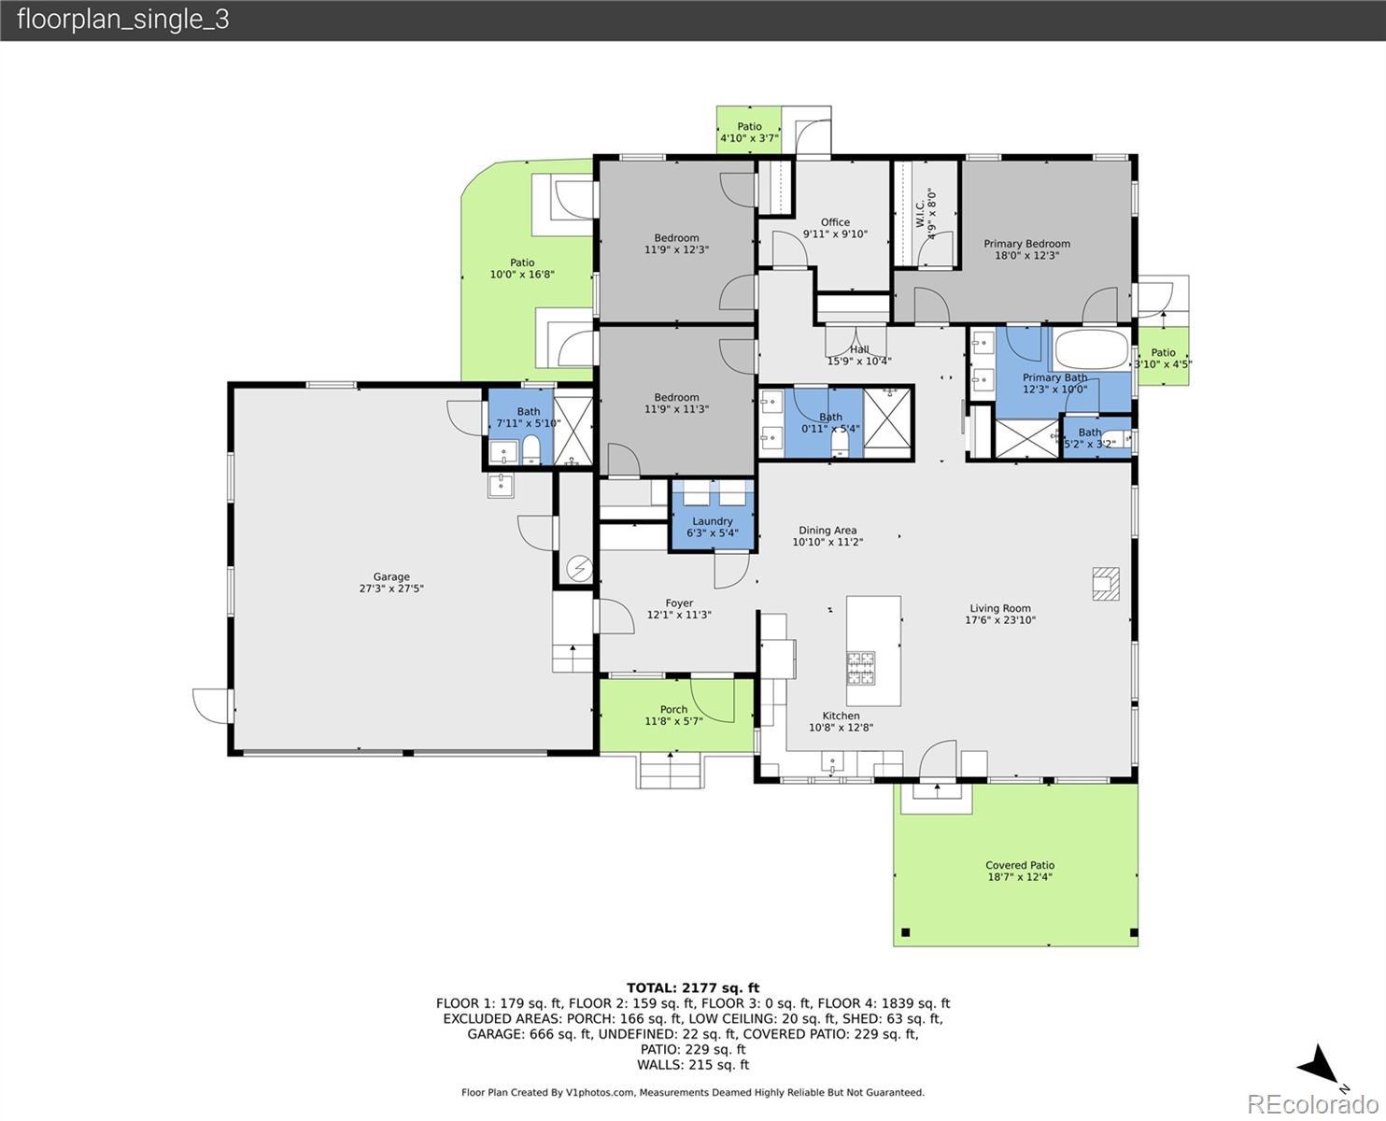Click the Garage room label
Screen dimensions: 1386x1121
391,576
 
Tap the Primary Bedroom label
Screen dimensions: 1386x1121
1026,243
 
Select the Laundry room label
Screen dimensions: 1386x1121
713,521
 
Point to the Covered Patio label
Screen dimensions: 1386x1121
1020,865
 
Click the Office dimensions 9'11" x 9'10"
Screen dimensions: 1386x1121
835,234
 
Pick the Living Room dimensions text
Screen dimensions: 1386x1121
1000,620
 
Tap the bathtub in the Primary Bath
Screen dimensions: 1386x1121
1091,349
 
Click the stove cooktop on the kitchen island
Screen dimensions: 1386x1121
860,669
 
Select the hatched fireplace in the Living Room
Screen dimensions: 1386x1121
1106,584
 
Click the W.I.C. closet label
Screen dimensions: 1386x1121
920,213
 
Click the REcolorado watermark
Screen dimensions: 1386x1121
1312,1104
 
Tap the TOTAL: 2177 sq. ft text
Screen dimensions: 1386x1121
693,987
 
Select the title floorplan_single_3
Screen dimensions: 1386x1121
123,20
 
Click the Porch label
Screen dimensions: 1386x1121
673,709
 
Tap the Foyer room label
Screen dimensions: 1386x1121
679,603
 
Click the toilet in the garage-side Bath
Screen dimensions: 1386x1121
531,450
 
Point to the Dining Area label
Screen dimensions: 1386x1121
827,531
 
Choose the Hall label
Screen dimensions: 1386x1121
859,349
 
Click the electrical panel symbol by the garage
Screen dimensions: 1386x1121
579,569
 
